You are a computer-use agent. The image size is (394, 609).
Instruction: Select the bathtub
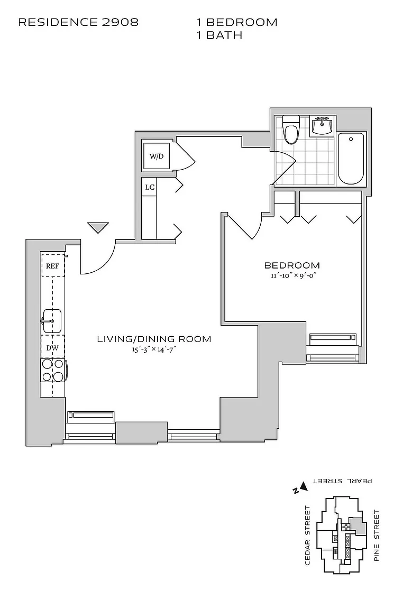351,158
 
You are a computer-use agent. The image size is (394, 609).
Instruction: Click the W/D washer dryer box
156,156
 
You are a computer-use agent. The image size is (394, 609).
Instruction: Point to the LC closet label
149,187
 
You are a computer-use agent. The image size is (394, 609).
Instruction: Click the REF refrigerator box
52,266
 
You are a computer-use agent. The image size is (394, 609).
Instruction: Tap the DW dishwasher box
52,347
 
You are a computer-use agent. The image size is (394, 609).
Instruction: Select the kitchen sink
52,321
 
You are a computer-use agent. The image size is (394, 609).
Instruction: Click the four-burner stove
53,370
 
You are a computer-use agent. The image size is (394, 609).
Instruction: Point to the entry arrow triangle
98,227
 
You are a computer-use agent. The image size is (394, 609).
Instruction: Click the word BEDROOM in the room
292,265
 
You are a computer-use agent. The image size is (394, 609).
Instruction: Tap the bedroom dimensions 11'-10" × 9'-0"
292,275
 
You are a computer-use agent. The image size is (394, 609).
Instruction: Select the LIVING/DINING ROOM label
154,339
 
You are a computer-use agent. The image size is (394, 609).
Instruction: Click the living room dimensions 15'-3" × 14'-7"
154,349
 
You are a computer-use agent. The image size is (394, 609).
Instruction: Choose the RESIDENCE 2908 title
78,22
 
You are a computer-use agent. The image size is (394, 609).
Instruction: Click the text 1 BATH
219,35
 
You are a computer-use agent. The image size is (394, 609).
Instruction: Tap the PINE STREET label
377,535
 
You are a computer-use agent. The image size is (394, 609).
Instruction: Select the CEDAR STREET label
307,535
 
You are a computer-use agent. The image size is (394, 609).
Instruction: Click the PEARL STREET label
343,481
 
